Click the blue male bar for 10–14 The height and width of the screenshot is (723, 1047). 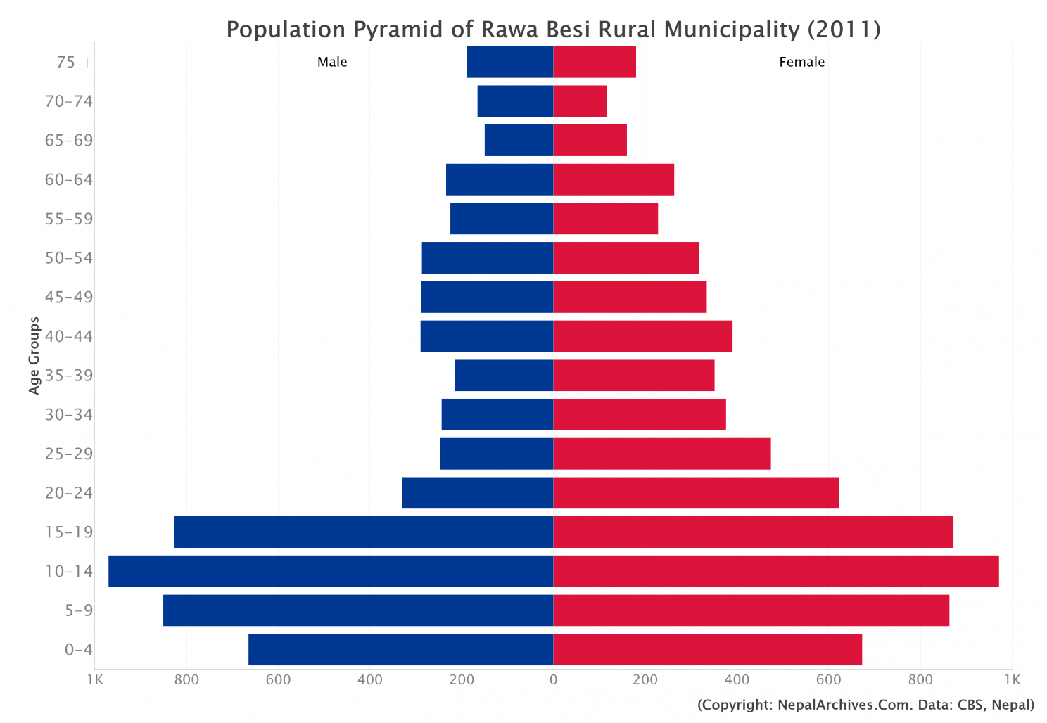[x=331, y=571]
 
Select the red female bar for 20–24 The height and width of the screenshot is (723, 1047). [x=696, y=492]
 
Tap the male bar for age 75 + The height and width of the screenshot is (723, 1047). [x=509, y=62]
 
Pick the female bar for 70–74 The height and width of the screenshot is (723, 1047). [x=580, y=101]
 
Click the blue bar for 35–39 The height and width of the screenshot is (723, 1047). [x=504, y=375]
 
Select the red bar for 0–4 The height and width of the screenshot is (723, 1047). [x=707, y=649]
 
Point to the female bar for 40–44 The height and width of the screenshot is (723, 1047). [x=642, y=336]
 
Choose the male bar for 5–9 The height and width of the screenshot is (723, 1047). [x=358, y=610]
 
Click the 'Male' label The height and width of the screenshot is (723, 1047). [x=332, y=62]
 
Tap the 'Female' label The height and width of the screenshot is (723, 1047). [x=801, y=62]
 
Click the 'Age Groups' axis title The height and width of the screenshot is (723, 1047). [x=34, y=355]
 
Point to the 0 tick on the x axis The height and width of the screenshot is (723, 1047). [x=553, y=679]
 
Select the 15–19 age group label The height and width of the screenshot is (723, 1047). [x=69, y=532]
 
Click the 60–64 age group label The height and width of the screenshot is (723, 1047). [x=69, y=179]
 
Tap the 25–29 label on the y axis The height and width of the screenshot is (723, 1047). [x=69, y=454]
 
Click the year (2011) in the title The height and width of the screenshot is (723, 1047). [x=844, y=30]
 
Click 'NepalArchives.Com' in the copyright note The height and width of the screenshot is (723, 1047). [x=837, y=705]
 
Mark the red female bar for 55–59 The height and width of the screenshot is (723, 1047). [x=605, y=218]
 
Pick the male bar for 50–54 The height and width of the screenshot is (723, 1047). [x=487, y=257]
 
